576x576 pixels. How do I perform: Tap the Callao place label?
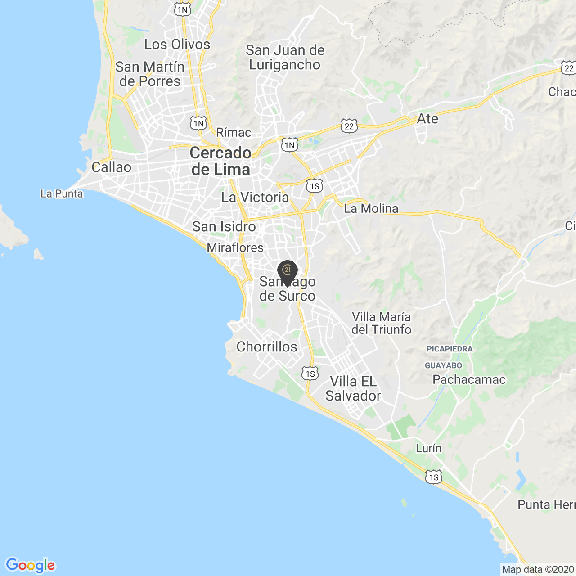click(111, 167)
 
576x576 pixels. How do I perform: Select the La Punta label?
click(62, 194)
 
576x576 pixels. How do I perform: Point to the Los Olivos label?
click(177, 45)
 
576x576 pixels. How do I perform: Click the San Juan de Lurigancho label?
click(285, 57)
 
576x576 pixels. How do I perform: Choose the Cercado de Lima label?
click(220, 161)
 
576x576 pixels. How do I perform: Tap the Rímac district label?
click(234, 133)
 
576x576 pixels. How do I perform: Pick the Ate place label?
click(427, 119)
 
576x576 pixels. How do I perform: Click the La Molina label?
click(371, 208)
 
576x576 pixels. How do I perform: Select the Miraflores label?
click(235, 247)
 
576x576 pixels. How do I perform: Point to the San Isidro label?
click(224, 227)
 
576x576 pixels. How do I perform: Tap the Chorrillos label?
click(267, 346)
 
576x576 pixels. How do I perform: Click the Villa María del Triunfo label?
click(381, 323)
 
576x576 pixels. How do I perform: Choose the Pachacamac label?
click(469, 380)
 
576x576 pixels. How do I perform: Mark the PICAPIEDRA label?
click(450, 349)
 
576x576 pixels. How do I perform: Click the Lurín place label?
click(428, 448)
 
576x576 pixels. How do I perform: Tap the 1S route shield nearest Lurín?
click(433, 477)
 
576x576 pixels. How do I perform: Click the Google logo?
click(30, 565)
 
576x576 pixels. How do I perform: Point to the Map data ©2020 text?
click(538, 570)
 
